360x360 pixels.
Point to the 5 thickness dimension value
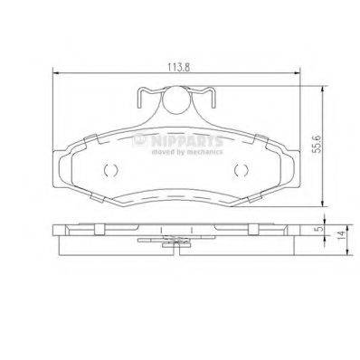click(x=317, y=229)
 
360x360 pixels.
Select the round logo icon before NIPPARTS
click(x=139, y=141)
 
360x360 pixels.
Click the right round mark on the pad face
click(x=240, y=172)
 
